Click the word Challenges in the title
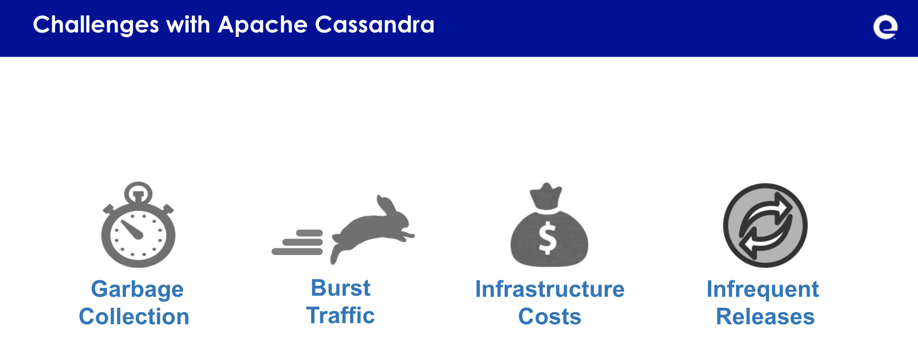96,25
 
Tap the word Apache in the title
263,25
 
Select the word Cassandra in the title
374,25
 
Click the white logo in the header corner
885,27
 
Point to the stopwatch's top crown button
138,192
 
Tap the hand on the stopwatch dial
132,230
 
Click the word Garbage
137,290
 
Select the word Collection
134,316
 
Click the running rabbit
372,229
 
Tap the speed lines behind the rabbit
297,242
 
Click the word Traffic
340,315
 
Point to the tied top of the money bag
545,196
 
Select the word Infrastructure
550,289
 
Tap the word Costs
550,317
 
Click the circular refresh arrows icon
765,225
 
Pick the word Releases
765,317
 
